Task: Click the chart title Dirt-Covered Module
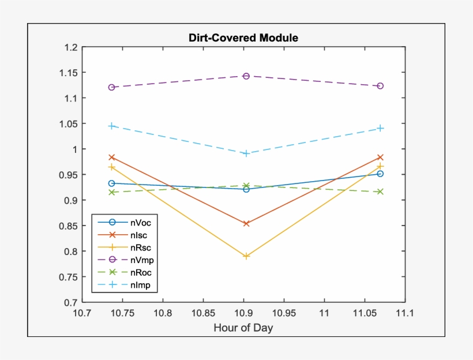coord(243,38)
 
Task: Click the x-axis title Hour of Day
coord(243,328)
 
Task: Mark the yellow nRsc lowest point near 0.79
coord(246,256)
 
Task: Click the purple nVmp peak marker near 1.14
coord(246,76)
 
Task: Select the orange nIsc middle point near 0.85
coord(246,223)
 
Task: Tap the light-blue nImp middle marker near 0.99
coord(246,153)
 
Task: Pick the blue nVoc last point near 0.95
coord(380,174)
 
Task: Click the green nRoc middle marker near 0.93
coord(246,186)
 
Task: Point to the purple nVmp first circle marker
coord(112,87)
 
